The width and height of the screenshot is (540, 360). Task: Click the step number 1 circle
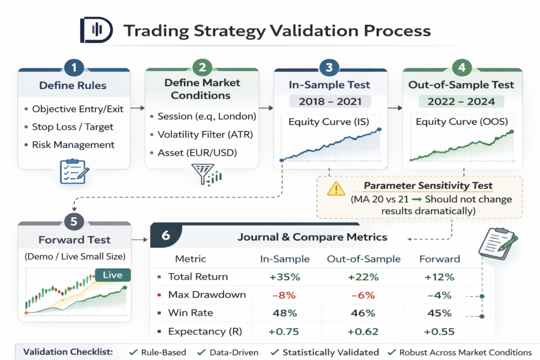click(x=74, y=68)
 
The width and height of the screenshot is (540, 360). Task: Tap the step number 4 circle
click(x=462, y=68)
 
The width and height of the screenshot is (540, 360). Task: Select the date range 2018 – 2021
click(x=329, y=101)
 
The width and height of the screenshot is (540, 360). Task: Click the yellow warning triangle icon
click(x=335, y=189)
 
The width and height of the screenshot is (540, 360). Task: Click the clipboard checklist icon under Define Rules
click(x=74, y=171)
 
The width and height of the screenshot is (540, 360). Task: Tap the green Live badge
click(x=112, y=275)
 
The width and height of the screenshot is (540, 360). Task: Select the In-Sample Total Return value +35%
click(x=285, y=277)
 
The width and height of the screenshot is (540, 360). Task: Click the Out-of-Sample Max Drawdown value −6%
click(x=363, y=295)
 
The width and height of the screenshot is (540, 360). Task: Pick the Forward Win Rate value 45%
click(x=439, y=313)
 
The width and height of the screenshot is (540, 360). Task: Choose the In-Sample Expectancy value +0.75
click(x=285, y=332)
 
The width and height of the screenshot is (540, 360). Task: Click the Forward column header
click(x=439, y=259)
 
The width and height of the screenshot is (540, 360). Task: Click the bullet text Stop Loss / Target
click(x=73, y=127)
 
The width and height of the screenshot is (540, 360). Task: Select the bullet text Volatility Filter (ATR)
click(x=205, y=134)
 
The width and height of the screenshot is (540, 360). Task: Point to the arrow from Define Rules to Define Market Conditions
click(x=137, y=108)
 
